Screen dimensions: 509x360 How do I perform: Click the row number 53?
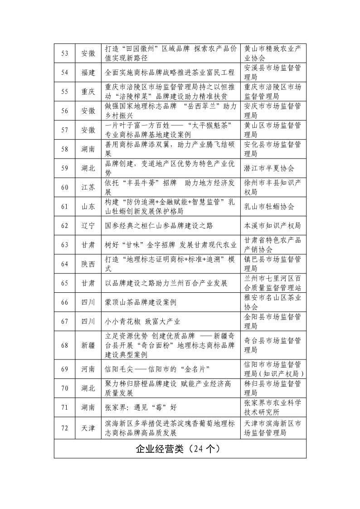coord(64,53)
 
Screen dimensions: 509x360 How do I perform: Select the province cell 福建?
coord(88,73)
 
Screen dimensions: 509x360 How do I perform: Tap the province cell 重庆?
coord(88,92)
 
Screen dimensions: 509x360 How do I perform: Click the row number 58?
coord(64,149)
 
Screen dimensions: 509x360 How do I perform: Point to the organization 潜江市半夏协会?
coord(269,168)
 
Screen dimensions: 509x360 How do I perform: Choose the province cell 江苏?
coord(88,188)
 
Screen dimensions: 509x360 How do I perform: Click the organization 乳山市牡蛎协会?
coord(269,207)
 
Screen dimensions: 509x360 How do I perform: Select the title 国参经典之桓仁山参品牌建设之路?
coord(159,226)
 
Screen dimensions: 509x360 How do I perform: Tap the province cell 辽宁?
coord(88,226)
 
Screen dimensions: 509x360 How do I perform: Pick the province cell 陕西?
coord(88,264)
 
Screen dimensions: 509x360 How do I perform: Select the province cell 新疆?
coord(88,345)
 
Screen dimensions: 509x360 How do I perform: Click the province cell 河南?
coord(88,369)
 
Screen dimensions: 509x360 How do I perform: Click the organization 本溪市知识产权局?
coord(272,226)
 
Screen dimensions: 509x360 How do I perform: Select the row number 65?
coord(64,283)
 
